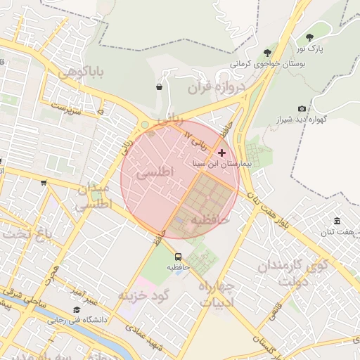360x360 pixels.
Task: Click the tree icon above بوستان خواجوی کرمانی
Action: [266, 52]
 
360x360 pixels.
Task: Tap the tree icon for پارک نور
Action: [310, 37]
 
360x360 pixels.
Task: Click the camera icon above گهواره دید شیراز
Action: [302, 108]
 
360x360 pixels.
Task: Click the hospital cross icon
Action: [222, 152]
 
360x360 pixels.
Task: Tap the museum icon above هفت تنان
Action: [337, 221]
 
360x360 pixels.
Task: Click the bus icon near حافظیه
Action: [178, 257]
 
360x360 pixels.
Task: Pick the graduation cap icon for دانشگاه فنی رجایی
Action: [76, 309]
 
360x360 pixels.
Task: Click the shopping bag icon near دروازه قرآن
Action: [160, 87]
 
